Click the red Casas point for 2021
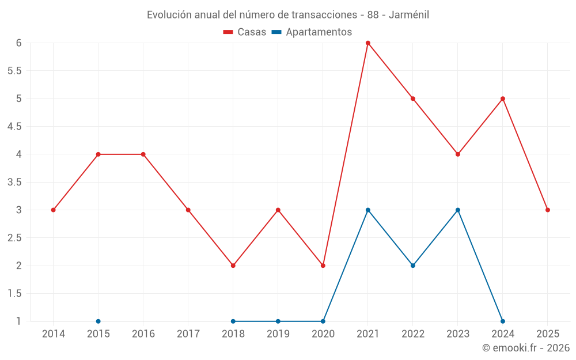click(x=367, y=43)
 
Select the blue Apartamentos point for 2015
click(x=98, y=321)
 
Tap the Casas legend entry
click(x=245, y=32)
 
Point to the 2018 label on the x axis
click(x=233, y=334)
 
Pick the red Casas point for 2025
click(x=548, y=210)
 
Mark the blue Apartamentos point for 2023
click(x=458, y=210)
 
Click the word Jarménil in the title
click(x=409, y=15)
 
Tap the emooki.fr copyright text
click(x=526, y=348)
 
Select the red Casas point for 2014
click(x=53, y=210)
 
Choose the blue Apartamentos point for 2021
click(x=367, y=210)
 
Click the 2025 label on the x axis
click(x=548, y=334)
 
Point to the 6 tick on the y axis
click(x=19, y=43)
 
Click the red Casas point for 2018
click(x=233, y=266)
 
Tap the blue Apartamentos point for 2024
click(x=503, y=321)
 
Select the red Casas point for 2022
click(x=413, y=98)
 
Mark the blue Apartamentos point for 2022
click(x=413, y=266)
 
